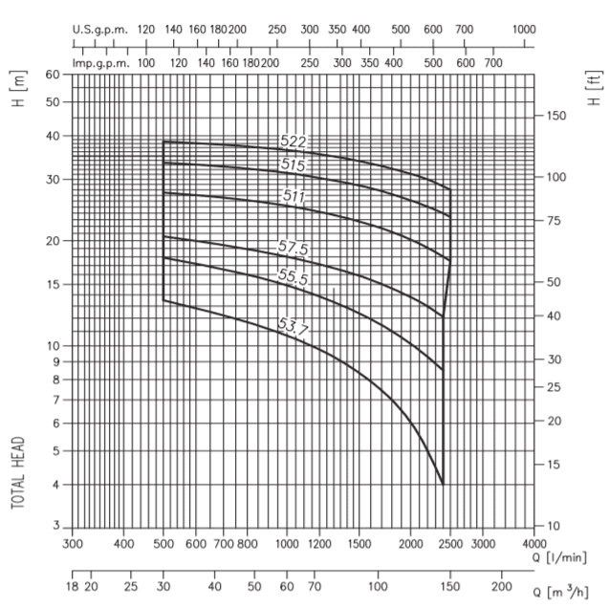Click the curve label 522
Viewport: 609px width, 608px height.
(293, 141)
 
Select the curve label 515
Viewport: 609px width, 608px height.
(293, 165)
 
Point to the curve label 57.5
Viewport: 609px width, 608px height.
(293, 248)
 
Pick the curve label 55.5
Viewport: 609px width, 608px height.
(293, 276)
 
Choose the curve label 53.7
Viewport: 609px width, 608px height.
(293, 328)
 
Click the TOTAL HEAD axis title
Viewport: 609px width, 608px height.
(19, 474)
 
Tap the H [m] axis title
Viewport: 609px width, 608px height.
(19, 87)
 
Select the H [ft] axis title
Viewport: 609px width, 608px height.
(594, 88)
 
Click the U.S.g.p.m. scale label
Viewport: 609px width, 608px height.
(100, 29)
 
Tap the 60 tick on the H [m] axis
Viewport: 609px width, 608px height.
(53, 75)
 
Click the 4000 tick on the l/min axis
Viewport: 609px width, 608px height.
(534, 544)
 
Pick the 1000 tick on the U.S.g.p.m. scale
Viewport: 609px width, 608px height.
(523, 29)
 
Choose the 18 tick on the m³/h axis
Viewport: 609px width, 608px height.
(73, 585)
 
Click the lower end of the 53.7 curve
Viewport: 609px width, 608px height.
(444, 484)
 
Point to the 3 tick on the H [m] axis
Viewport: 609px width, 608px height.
(56, 527)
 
